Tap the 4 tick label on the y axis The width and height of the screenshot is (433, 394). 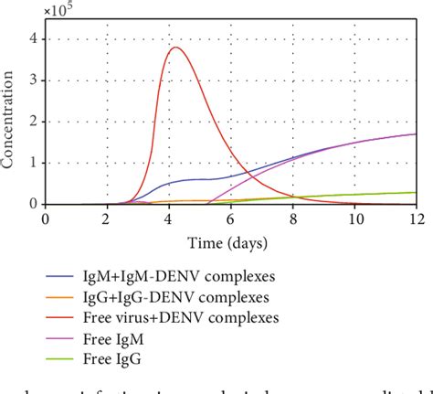tap(34, 38)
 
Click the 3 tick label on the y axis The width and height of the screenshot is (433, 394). tap(34, 80)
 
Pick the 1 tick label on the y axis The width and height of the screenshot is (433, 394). tap(34, 163)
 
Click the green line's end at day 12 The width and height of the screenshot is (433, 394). tap(416, 192)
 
